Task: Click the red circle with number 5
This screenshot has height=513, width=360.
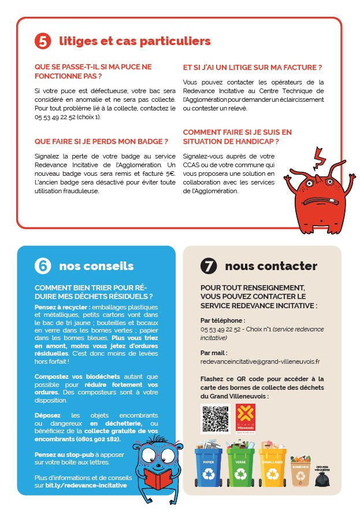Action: [x=43, y=41]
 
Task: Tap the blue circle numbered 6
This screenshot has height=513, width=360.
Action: [x=43, y=265]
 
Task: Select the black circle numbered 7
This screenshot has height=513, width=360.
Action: [x=209, y=265]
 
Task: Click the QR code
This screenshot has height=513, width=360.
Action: [x=211, y=419]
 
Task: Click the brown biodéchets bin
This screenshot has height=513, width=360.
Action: [x=300, y=471]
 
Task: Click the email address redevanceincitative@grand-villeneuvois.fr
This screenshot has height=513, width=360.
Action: [x=260, y=361]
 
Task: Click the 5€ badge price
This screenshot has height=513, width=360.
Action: [x=170, y=173]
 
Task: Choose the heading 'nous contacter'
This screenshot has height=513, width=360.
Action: [x=270, y=266]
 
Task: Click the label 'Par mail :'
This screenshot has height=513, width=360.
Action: [x=214, y=352]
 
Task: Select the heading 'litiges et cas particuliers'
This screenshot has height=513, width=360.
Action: [x=135, y=41]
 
